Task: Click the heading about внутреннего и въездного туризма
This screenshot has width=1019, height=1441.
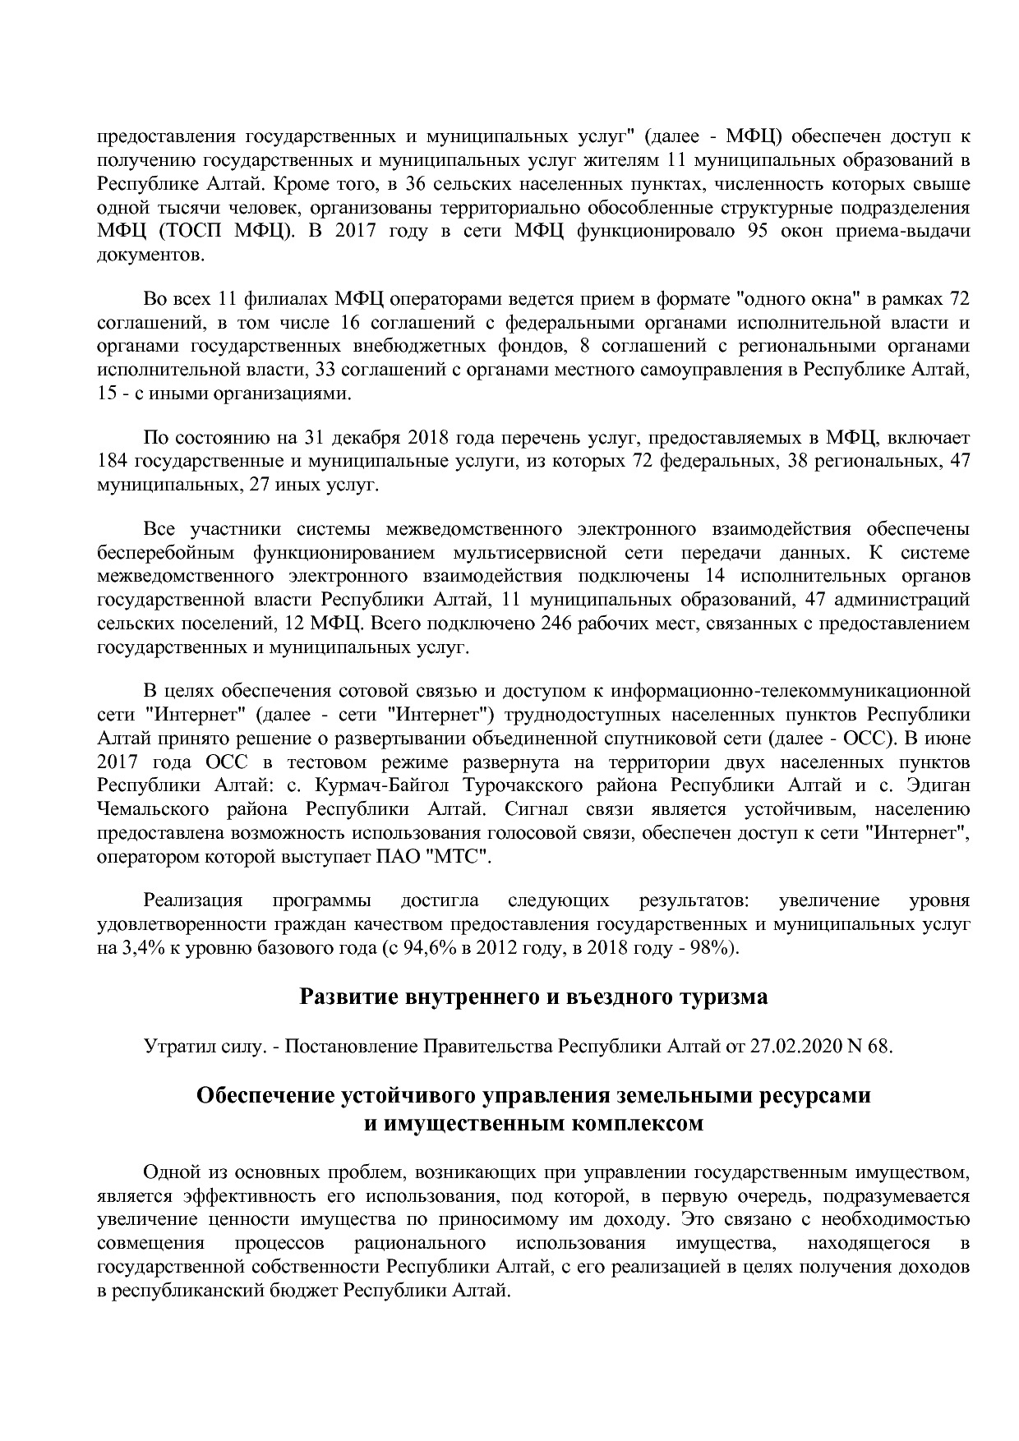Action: (533, 997)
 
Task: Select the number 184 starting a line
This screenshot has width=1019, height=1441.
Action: (112, 462)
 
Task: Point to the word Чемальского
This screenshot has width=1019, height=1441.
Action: (152, 809)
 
